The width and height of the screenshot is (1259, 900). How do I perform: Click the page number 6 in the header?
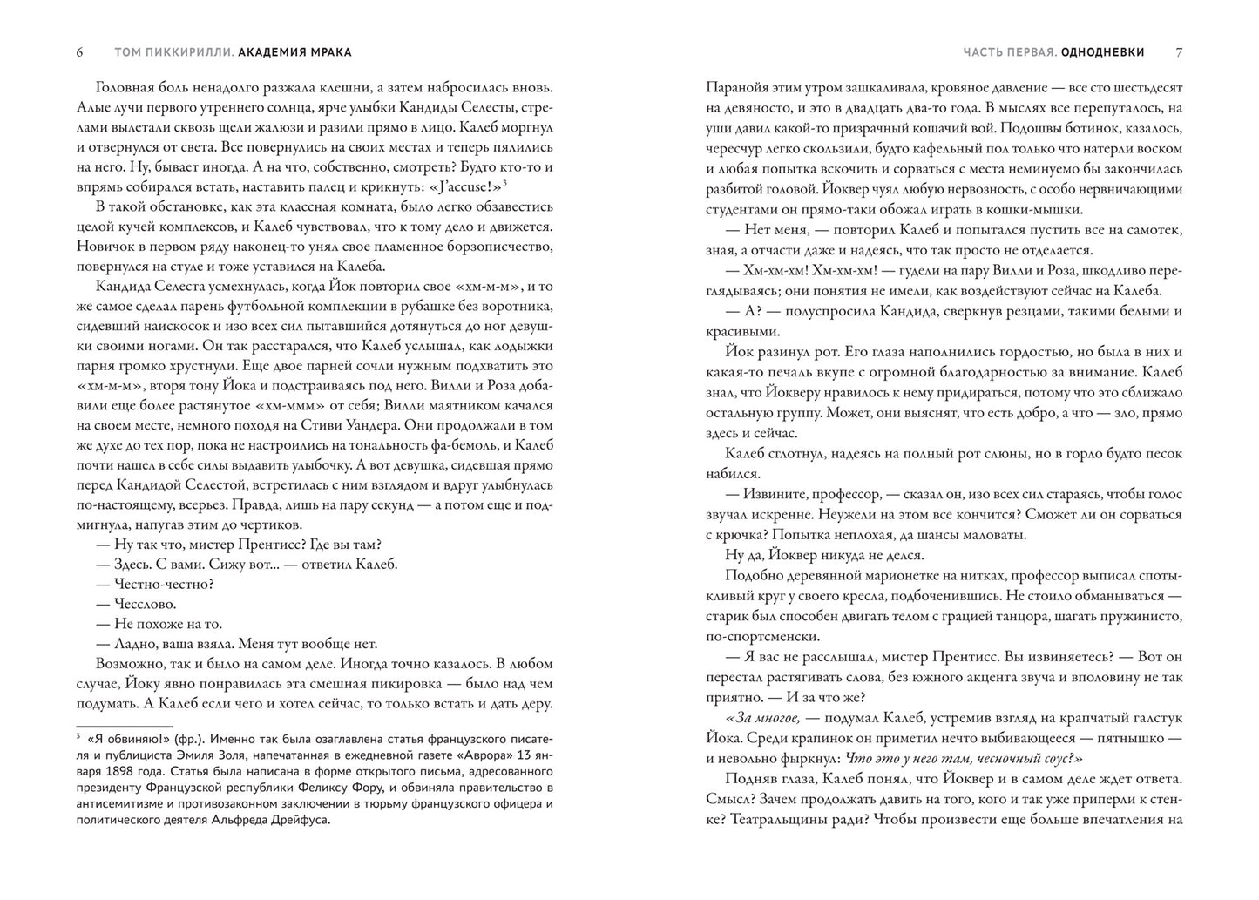80,52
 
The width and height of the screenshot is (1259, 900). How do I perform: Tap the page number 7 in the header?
1179,52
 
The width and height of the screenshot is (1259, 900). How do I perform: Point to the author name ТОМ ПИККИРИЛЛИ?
173,52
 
